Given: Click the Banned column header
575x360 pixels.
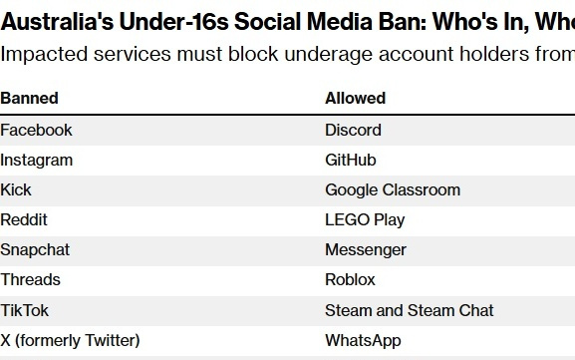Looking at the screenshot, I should (x=29, y=99).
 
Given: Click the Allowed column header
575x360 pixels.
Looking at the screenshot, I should (x=355, y=99).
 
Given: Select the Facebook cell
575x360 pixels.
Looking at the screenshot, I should (x=36, y=130).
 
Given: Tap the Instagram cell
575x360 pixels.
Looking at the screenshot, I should (x=36, y=160).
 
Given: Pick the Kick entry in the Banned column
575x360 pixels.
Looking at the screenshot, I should (x=16, y=189).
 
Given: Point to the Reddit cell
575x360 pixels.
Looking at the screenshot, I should (x=24, y=219).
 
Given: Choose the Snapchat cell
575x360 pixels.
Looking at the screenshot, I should (x=35, y=249).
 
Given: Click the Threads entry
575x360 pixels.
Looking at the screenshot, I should (x=30, y=279).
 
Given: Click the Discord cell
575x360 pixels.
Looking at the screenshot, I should (x=353, y=130).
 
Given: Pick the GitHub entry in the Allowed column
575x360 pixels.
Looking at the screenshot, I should (x=350, y=160).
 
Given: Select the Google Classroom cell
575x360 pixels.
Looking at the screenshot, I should (x=393, y=189).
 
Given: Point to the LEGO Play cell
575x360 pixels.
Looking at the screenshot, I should (x=365, y=219).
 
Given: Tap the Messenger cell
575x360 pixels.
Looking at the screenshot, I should (x=366, y=249).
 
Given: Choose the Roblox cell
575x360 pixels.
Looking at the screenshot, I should (x=350, y=279).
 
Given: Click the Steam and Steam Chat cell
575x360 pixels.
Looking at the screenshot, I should (x=410, y=310).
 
